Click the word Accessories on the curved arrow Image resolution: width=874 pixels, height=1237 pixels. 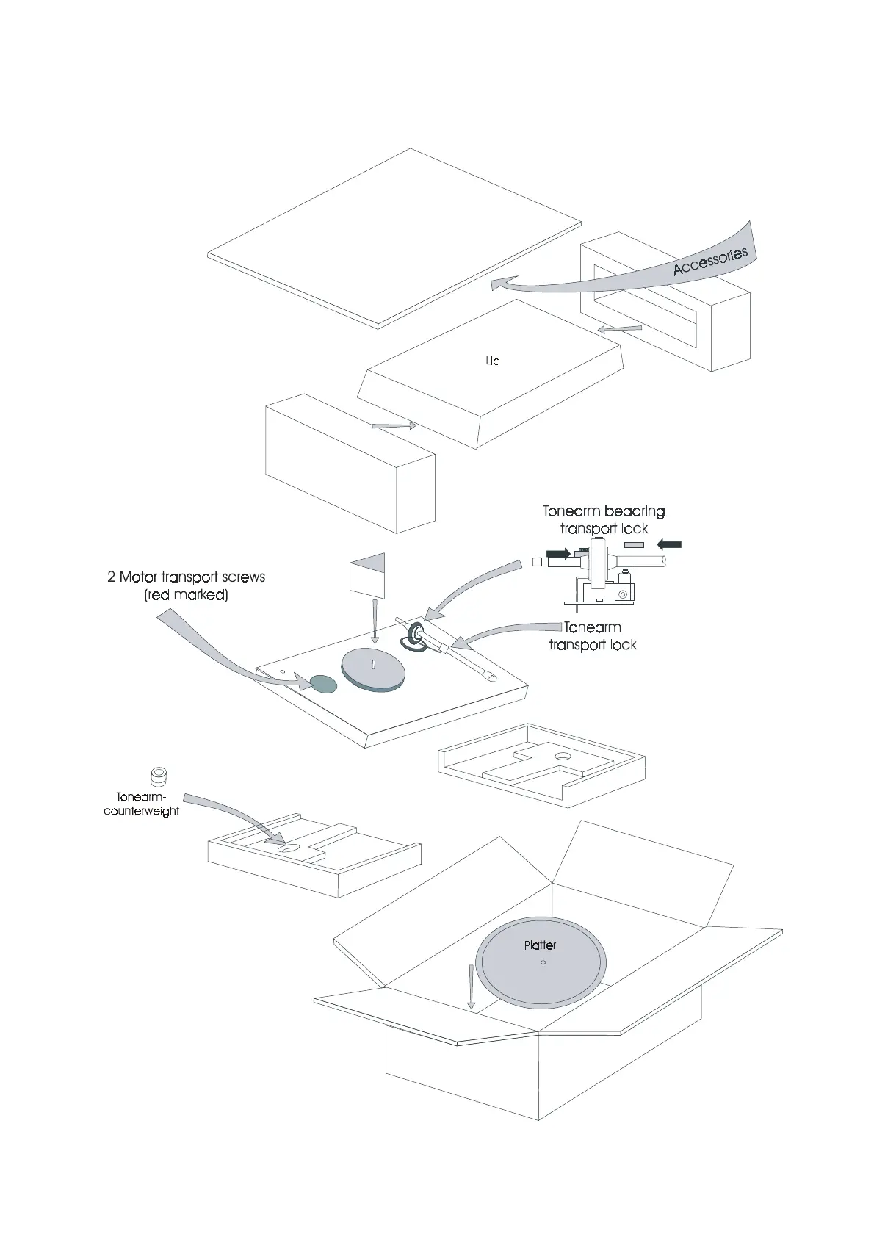[709, 261]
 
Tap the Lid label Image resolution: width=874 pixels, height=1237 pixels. [493, 361]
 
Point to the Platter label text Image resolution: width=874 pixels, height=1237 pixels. [540, 945]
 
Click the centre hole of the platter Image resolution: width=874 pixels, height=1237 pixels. [543, 963]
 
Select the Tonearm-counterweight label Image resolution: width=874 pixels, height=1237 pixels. [142, 804]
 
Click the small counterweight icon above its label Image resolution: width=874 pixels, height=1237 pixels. [158, 776]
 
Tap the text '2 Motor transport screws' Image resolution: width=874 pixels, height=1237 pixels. [186, 577]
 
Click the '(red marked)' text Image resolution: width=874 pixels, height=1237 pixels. [186, 595]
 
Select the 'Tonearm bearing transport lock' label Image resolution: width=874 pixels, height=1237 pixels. [604, 519]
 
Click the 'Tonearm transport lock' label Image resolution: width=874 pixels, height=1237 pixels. [593, 636]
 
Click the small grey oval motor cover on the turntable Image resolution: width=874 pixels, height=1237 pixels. [322, 684]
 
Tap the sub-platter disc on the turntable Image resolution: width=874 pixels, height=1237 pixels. [374, 669]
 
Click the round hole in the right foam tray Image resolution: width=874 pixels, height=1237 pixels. [563, 755]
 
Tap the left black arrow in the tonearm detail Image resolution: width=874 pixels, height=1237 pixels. [557, 553]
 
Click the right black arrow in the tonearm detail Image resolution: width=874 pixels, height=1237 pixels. [670, 544]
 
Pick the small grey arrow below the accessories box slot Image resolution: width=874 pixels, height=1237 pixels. [620, 329]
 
